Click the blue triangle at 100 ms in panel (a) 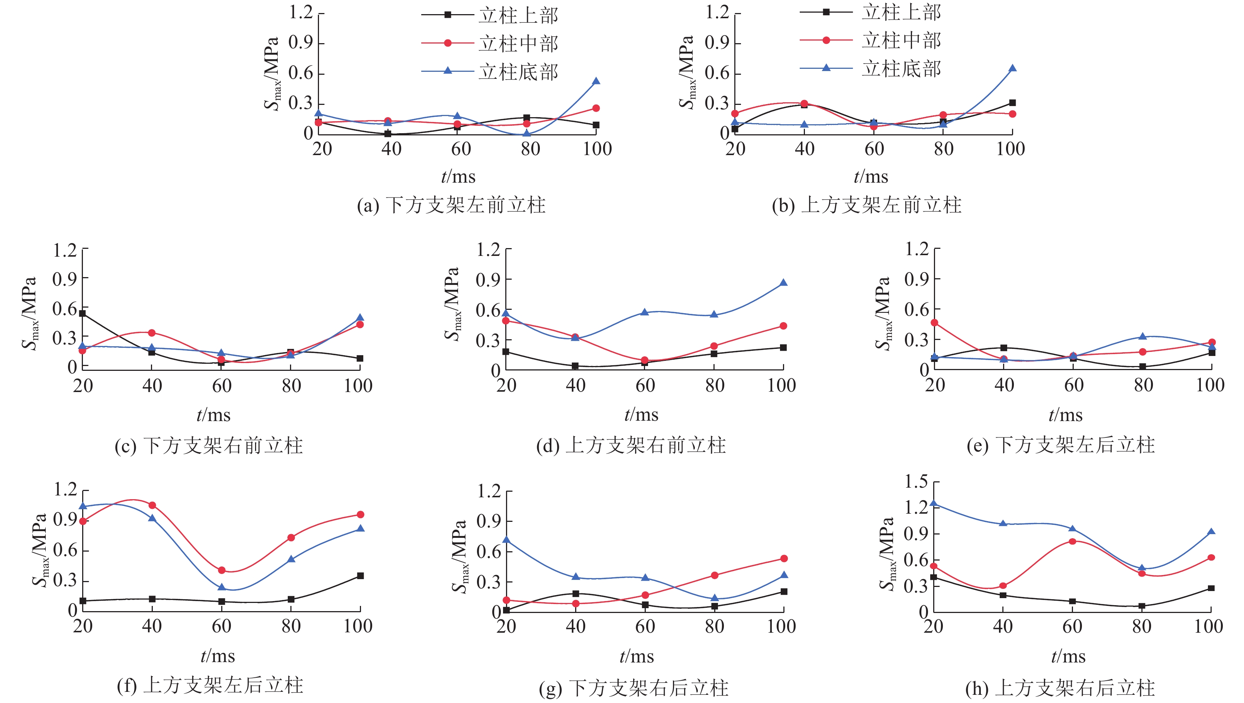click(596, 81)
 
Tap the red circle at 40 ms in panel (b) click(804, 103)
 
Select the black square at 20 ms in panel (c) click(83, 314)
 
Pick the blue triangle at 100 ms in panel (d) click(783, 283)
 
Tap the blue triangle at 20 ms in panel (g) click(506, 540)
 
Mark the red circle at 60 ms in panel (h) click(1073, 542)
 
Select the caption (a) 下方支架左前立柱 click(451, 205)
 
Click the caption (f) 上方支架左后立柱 click(210, 685)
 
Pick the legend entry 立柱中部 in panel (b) click(901, 41)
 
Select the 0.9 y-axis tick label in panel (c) click(65, 279)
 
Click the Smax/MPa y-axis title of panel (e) click(883, 313)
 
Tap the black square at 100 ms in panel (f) click(360, 576)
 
